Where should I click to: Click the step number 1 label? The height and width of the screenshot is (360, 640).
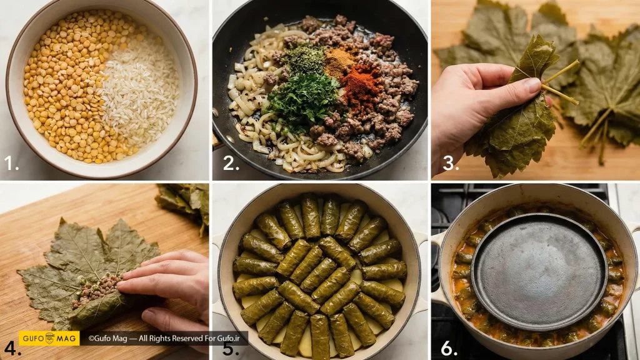[11, 163]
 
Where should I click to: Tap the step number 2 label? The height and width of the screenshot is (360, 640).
[231, 163]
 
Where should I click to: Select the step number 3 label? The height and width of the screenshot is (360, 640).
[451, 163]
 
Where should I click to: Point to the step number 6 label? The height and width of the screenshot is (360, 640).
[449, 348]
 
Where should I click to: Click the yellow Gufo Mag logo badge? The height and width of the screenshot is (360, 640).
[49, 338]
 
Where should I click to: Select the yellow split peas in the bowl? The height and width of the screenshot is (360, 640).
[65, 86]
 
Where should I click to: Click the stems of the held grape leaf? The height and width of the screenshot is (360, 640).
[561, 82]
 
